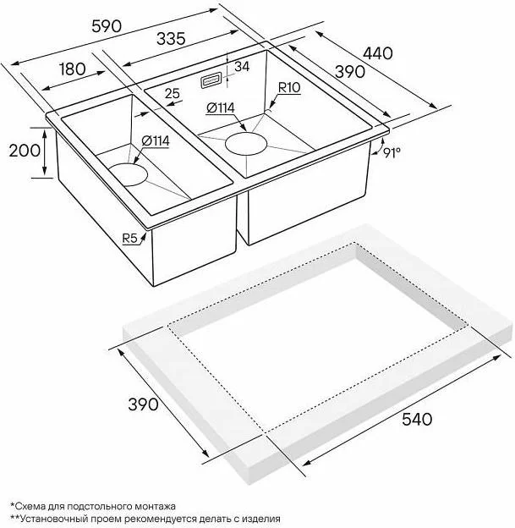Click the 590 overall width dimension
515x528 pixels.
107,26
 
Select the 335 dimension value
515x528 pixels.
171,39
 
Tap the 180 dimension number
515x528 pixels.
73,69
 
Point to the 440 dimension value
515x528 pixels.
378,53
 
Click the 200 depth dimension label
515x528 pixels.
25,151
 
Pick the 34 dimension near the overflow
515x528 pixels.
242,67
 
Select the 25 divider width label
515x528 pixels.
173,93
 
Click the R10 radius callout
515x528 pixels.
289,88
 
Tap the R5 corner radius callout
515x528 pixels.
130,239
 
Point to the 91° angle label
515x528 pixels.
392,153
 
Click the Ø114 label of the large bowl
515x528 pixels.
221,108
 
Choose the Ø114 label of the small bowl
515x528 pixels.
156,140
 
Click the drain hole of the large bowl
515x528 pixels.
246,144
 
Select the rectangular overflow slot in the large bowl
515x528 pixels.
211,81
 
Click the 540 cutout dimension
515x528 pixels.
417,420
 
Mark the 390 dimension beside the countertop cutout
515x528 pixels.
143,404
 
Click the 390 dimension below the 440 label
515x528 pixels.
350,72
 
